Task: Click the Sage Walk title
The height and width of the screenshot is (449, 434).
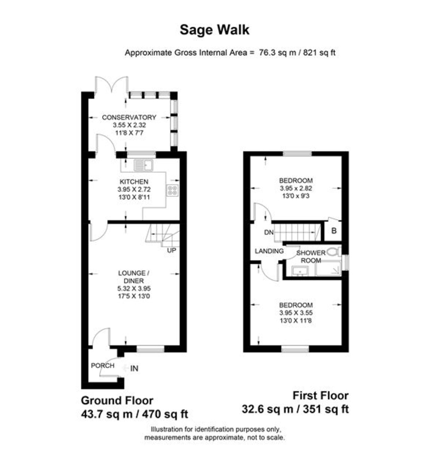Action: [214, 30]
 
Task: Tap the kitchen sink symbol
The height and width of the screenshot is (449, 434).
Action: [144, 165]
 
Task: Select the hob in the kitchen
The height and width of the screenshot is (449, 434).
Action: [173, 190]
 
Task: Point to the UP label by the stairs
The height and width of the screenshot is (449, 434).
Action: [171, 250]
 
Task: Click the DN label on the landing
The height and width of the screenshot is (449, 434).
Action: [269, 232]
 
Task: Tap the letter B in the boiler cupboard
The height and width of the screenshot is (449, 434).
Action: [334, 230]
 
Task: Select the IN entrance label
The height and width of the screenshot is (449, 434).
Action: [134, 369]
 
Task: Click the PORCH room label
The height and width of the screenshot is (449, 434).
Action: [102, 366]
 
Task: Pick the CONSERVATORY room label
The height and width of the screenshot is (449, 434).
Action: [129, 117]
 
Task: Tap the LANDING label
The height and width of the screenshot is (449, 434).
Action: [269, 251]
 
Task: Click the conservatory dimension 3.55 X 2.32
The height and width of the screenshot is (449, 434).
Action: [129, 125]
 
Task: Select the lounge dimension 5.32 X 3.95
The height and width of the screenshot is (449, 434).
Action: [134, 288]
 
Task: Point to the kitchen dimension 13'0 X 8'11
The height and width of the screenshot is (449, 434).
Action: [134, 197]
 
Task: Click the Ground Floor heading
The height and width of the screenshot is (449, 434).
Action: [117, 400]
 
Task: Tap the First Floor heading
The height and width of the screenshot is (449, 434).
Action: [320, 395]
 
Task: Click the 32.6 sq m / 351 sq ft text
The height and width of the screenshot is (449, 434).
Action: [295, 409]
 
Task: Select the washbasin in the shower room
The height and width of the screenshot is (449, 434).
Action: [300, 271]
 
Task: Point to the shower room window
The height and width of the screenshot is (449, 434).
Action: [345, 262]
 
